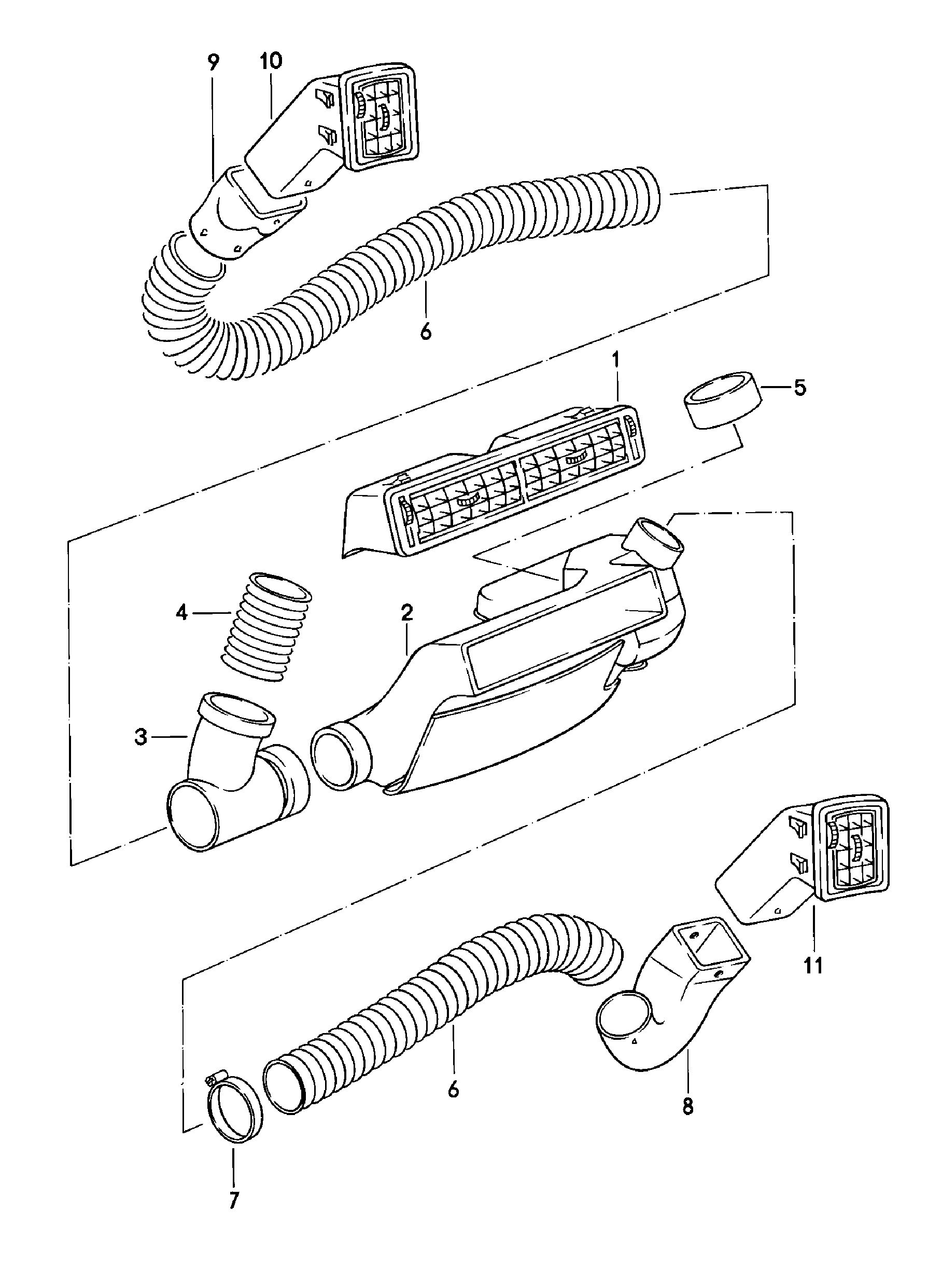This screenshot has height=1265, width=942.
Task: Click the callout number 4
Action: coord(182,613)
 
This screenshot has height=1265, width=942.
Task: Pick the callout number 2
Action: coord(406,613)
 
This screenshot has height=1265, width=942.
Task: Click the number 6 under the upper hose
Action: coord(426,332)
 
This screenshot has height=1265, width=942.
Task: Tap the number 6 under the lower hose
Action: coord(453,1089)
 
